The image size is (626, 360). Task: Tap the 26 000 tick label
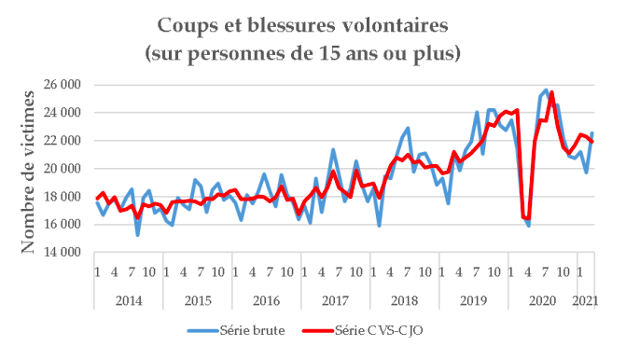tap(63, 85)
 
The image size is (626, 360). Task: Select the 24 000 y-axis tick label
tap(63, 113)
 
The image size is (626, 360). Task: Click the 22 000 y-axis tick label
tap(63, 141)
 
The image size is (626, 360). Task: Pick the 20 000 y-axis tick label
tap(63, 169)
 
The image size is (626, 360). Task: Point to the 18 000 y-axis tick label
tap(63, 197)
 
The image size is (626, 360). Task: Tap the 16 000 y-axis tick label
tap(63, 225)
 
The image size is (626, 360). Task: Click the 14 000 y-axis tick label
tap(63, 253)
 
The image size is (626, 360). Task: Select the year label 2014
tap(128, 299)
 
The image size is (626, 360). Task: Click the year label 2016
tap(266, 299)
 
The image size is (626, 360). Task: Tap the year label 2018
tap(403, 299)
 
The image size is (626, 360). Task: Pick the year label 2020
tap(541, 299)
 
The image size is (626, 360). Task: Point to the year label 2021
tap(585, 299)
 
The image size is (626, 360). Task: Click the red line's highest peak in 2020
tap(552, 92)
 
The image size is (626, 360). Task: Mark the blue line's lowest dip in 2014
tap(138, 234)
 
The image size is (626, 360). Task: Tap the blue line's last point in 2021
tap(591, 133)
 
